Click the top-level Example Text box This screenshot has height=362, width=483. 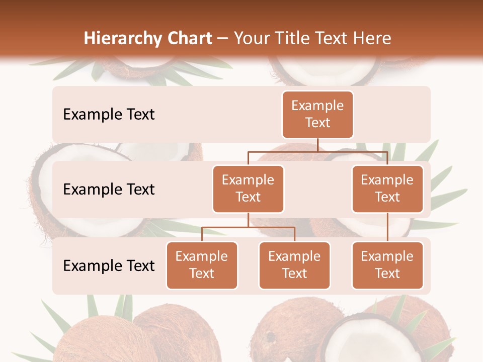tap(317, 115)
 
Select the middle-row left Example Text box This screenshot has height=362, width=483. tap(248, 189)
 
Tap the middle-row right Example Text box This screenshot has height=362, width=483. tap(387, 189)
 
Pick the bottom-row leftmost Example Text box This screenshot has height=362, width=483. tap(202, 265)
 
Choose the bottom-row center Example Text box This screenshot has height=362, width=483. tap(294, 265)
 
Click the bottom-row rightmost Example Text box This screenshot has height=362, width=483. tap(387, 265)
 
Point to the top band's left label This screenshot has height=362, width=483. tap(109, 115)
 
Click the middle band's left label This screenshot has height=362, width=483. tap(109, 190)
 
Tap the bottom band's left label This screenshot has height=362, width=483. tap(109, 265)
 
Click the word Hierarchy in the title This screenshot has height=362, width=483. tap(120, 39)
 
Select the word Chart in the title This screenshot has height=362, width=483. tap(187, 39)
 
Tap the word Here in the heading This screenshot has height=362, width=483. tap(372, 39)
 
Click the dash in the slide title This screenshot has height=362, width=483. tap(222, 39)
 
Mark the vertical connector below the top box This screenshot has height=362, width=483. tap(317, 145)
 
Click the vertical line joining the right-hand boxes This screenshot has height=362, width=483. tap(387, 227)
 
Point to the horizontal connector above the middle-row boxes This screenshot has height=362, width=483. tap(317, 151)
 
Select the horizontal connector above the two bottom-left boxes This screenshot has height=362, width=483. tap(248, 227)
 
